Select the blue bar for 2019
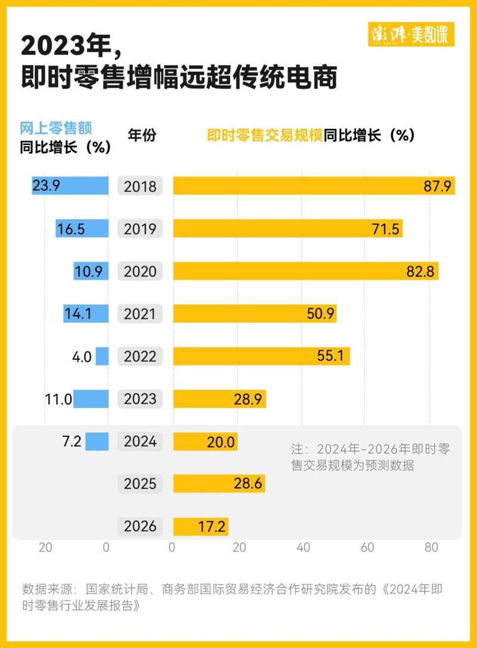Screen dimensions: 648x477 82,229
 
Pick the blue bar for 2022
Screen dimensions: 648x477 103,357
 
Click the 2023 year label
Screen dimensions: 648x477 140,399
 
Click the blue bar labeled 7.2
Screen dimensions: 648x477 97,442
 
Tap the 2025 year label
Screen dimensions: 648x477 140,484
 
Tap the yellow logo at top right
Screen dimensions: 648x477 412,35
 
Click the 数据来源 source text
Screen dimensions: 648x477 233,597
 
